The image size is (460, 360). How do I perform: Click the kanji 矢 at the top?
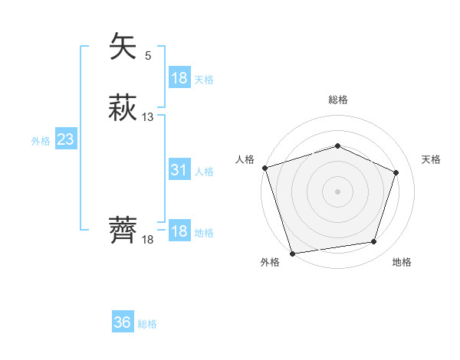tap(124, 47)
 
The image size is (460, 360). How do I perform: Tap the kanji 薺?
tap(124, 231)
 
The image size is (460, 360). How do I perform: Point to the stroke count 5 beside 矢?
tap(148, 55)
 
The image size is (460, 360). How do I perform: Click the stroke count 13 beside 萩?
tap(148, 117)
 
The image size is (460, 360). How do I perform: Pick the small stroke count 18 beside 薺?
tap(148, 240)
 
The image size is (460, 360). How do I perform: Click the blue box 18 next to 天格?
tap(179, 78)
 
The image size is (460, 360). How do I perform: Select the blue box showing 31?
tap(179, 170)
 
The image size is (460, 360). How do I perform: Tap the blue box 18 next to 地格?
tap(179, 231)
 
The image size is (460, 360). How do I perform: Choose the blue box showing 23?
tap(65, 139)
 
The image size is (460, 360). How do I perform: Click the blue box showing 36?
tap(123, 322)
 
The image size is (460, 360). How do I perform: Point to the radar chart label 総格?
tap(338, 100)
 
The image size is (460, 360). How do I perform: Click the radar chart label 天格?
tap(432, 159)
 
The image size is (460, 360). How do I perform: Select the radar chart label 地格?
tap(402, 263)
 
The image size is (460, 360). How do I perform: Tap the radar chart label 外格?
tap(270, 263)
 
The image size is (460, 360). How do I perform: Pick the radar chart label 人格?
tap(244, 159)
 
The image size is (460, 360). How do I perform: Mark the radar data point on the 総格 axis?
tap(337, 146)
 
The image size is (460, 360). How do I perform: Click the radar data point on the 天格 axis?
tap(396, 172)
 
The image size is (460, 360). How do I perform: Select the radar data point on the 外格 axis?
tap(292, 253)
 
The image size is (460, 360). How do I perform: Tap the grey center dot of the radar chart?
tap(337, 191)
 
